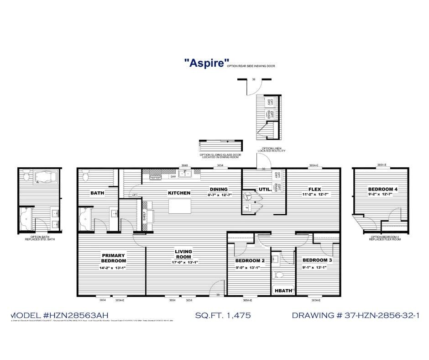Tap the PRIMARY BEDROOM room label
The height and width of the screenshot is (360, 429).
114,258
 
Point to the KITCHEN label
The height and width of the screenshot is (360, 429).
179,193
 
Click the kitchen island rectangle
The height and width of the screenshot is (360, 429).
179,206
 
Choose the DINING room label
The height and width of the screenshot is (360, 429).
219,189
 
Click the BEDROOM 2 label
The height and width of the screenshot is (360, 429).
250,261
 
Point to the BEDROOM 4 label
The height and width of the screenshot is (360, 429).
383,189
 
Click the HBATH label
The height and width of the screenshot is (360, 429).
283,290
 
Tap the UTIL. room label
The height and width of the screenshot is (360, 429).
265,189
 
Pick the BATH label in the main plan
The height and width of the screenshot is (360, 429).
97,193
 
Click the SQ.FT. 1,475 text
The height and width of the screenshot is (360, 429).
223,315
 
